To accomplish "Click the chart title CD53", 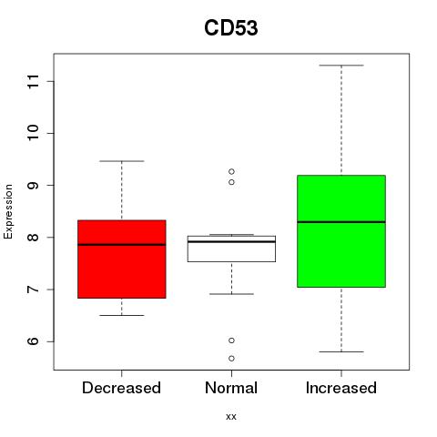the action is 231,28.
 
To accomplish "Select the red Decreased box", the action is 122,259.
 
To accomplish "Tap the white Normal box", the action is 231,249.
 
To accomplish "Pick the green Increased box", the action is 341,231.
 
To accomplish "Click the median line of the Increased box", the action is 341,222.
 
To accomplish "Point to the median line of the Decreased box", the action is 122,245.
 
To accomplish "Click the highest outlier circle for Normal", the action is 231,172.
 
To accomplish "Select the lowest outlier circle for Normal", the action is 231,359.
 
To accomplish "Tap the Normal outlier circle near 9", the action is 231,182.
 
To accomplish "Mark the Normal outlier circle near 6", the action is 231,340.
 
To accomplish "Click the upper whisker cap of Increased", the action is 341,66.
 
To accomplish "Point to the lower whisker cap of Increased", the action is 341,351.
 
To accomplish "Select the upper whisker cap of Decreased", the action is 122,161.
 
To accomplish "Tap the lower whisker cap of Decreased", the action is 122,315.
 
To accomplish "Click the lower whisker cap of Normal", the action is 231,294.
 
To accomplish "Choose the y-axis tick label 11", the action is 33,81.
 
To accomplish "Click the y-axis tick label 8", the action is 33,237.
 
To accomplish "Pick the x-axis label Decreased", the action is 121,388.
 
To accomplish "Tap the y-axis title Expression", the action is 8,211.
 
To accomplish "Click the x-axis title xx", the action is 231,417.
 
